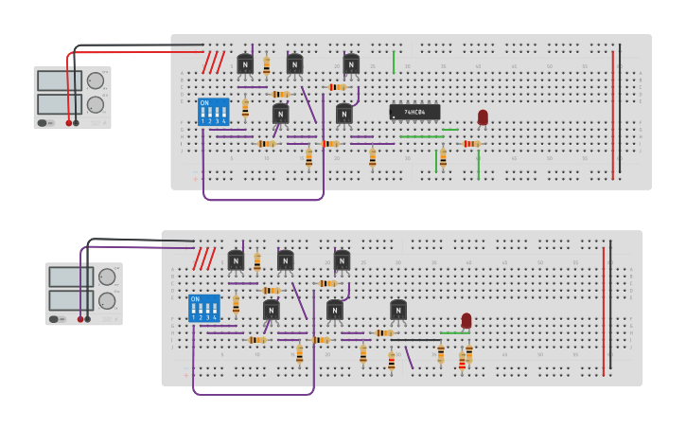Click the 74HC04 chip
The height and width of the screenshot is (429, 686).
pyautogui.click(x=414, y=112)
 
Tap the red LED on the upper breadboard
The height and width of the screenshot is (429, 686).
pyautogui.click(x=483, y=116)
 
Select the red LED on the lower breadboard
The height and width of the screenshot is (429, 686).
pyautogui.click(x=466, y=320)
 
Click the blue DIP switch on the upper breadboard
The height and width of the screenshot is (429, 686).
pyautogui.click(x=213, y=112)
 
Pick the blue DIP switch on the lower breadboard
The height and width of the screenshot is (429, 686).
pyautogui.click(x=203, y=308)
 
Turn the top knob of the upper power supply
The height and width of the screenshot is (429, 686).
pyautogui.click(x=96, y=80)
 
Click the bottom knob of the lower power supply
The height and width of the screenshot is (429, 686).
pyautogui.click(x=107, y=300)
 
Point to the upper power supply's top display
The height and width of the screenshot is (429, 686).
pyautogui.click(x=59, y=81)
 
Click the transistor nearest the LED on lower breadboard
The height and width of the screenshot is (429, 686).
pyautogui.click(x=398, y=310)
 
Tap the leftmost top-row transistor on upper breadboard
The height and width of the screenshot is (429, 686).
pyautogui.click(x=245, y=64)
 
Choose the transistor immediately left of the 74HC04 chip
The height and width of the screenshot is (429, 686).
pyautogui.click(x=344, y=114)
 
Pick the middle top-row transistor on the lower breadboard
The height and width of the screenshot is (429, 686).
pyautogui.click(x=285, y=260)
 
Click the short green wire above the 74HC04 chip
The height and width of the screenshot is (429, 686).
pyautogui.click(x=394, y=62)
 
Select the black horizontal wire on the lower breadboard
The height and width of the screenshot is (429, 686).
pyautogui.click(x=415, y=339)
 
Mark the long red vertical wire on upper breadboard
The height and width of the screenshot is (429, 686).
pyautogui.click(x=612, y=114)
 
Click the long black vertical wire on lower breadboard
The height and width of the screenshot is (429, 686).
pyautogui.click(x=610, y=305)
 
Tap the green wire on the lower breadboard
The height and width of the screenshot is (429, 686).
pyautogui.click(x=454, y=332)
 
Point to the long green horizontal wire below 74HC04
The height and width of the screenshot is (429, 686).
pyautogui.click(x=421, y=136)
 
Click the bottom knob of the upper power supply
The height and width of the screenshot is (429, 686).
pyautogui.click(x=96, y=104)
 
